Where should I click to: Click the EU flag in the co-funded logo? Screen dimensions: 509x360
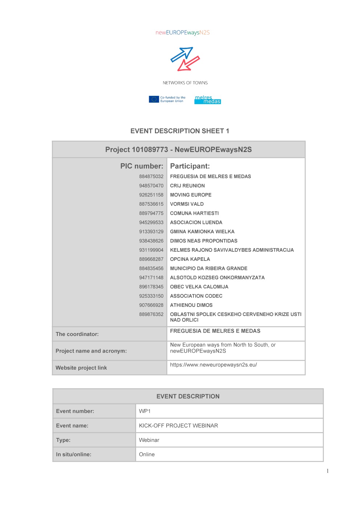(154, 99)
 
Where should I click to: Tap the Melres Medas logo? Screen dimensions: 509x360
(207, 100)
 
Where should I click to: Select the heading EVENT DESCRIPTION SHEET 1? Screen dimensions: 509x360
(180, 131)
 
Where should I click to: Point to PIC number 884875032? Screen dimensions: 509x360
(151, 177)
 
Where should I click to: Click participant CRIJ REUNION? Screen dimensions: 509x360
(187, 186)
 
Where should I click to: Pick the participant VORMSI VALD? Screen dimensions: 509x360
(187, 204)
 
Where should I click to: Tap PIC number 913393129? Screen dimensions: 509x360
(151, 232)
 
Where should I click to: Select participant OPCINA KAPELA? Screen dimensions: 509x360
(190, 259)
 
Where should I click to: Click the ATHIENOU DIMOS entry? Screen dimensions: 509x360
(191, 305)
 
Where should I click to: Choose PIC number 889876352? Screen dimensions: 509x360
(151, 315)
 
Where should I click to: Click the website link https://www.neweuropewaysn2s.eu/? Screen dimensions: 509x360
(213, 365)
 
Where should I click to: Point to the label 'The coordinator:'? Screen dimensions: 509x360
(77, 334)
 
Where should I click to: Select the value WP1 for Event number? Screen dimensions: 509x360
(145, 411)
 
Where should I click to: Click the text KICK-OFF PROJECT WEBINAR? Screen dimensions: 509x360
(179, 426)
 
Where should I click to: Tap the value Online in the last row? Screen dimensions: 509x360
(147, 455)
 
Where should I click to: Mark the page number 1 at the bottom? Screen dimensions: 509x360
(327, 471)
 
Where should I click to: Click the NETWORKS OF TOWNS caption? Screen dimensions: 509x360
(185, 83)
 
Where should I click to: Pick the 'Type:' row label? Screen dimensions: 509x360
(63, 440)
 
